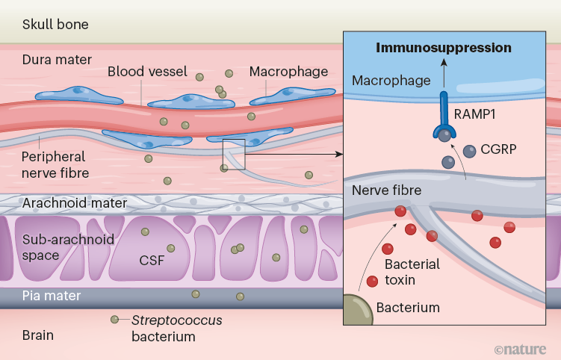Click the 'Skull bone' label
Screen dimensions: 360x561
(55, 25)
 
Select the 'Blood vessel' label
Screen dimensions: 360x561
(142, 72)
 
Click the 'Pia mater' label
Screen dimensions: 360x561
(52, 296)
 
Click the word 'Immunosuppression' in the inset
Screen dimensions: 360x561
(443, 48)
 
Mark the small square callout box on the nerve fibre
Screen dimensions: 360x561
(235, 154)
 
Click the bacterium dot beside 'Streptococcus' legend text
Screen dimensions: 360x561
(115, 320)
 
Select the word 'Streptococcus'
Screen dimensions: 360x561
(177, 320)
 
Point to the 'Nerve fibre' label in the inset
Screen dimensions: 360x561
(386, 190)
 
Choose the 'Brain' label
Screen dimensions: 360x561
(37, 335)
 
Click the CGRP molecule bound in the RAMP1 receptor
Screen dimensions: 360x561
(444, 135)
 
